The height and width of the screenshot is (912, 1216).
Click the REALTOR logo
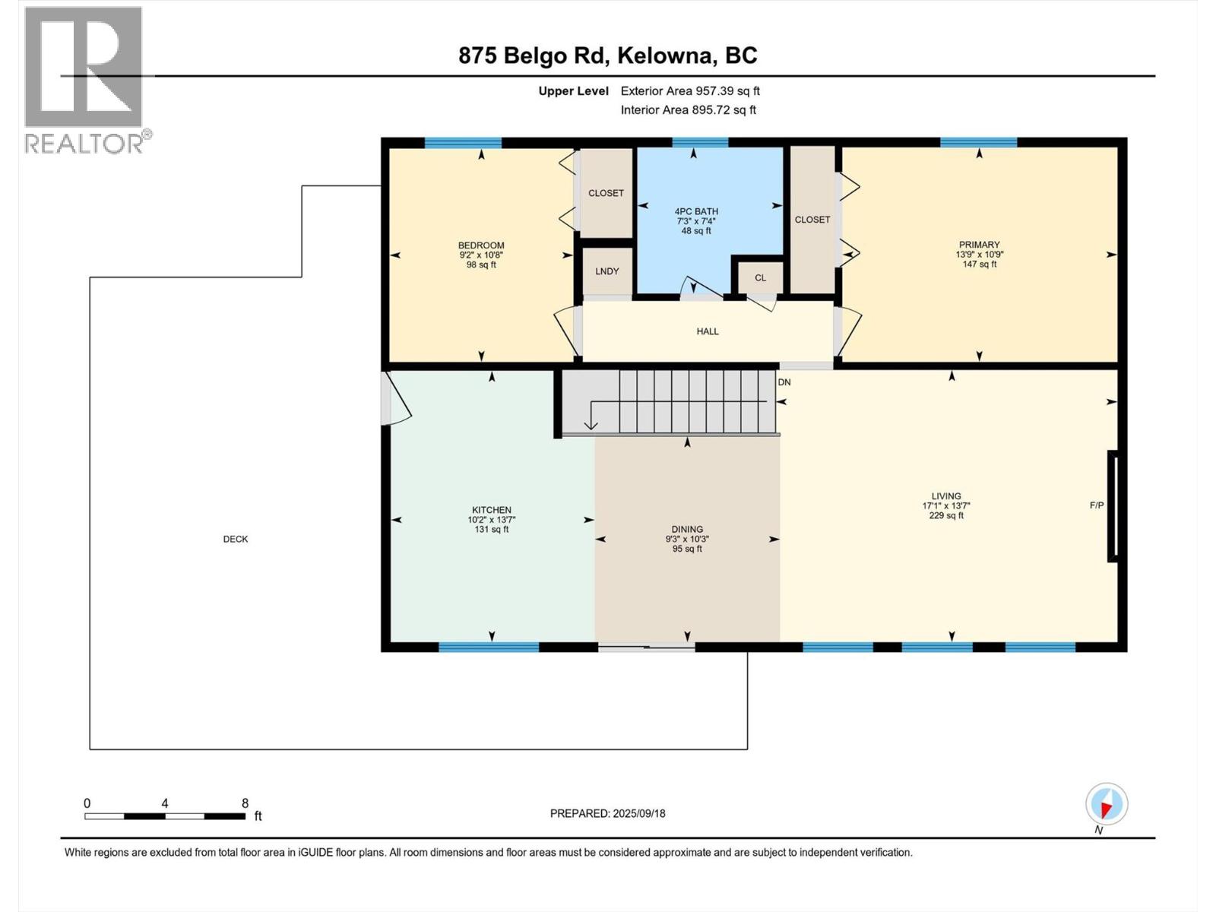click(87, 81)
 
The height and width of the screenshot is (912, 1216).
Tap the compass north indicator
click(1107, 805)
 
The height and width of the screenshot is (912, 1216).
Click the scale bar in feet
click(165, 816)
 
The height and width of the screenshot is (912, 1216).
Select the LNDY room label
click(606, 271)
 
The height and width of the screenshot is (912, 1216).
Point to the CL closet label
click(760, 277)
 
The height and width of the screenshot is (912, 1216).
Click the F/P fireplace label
click(1097, 505)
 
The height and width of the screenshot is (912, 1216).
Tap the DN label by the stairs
click(784, 382)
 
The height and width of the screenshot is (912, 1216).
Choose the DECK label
click(236, 539)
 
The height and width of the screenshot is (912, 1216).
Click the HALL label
click(708, 331)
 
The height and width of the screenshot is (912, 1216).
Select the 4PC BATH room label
click(696, 211)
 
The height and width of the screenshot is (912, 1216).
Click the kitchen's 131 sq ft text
click(492, 530)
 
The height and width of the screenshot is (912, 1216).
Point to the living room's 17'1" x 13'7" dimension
click(946, 505)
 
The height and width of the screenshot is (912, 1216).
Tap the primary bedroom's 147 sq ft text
click(980, 264)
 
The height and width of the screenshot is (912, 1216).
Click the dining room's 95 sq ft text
click(687, 549)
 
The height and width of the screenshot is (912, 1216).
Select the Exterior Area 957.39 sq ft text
click(690, 90)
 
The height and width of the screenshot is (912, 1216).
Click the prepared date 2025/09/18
click(638, 813)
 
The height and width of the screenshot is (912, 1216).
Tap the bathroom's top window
click(700, 142)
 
